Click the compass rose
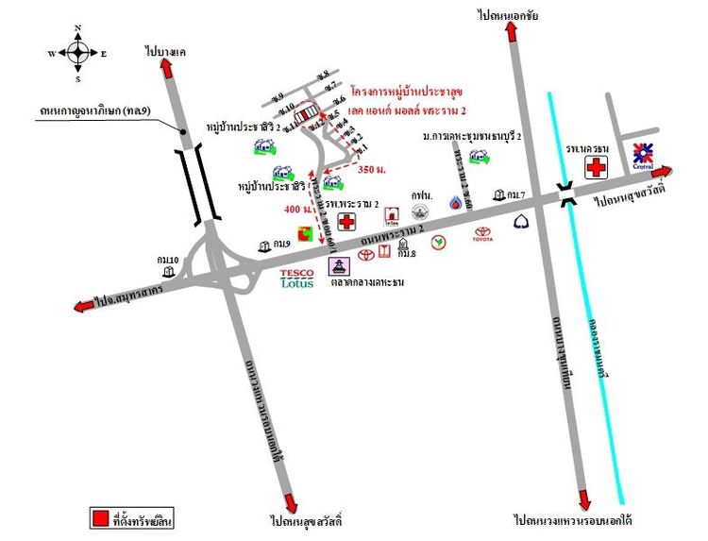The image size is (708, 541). click(77, 53)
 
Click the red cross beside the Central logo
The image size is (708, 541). click(597, 167)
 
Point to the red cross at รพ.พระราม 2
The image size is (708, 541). click(347, 222)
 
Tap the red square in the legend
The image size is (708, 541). click(99, 518)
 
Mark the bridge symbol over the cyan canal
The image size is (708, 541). click(565, 194)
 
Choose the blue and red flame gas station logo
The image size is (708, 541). click(456, 203)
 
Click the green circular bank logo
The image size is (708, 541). click(438, 242)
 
